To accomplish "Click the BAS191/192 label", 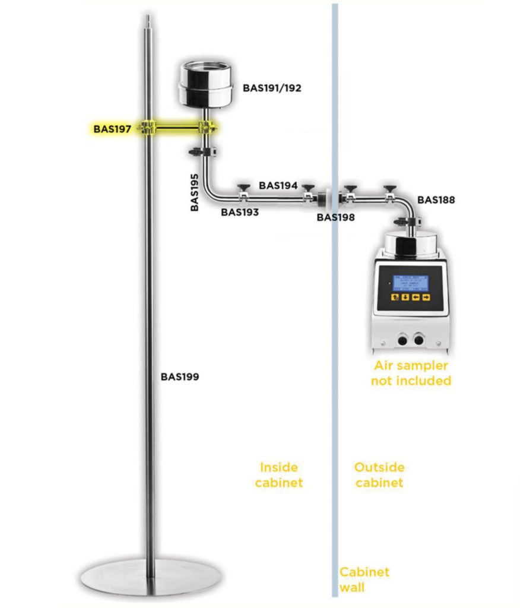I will tap(272, 88).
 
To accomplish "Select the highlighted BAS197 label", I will tap(112, 128).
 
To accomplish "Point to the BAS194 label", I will tap(278, 186).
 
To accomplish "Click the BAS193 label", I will tap(240, 211).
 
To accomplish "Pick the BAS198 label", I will tap(335, 217).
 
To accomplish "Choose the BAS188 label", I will tap(436, 200).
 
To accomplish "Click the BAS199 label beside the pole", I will tap(179, 376).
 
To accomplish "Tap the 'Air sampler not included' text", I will tap(411, 373).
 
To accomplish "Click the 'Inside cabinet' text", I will tap(279, 475).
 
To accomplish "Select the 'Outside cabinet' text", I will tap(379, 475).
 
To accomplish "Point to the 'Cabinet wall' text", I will tap(364, 579).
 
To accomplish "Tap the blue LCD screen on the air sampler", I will tap(410, 283).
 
